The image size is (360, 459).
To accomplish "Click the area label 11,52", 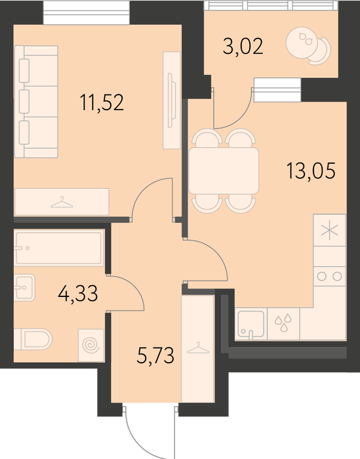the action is click(102, 102).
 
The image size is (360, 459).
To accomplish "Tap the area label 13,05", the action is click(311, 170).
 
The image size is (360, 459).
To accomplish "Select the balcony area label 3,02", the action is click(243, 47).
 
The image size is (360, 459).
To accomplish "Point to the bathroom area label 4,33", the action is click(78, 294).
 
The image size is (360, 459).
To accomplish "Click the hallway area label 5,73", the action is click(155, 355).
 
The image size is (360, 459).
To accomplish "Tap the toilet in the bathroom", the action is click(33, 339).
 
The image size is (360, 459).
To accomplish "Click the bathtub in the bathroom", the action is click(59, 248).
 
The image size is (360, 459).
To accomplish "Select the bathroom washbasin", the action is click(24, 287).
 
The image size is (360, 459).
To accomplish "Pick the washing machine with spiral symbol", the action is click(91, 345).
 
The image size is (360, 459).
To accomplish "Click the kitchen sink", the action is click(251, 324).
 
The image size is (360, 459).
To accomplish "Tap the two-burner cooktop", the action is click(330, 276).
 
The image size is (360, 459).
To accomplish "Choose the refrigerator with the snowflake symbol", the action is click(330, 230).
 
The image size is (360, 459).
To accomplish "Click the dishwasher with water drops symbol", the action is click(283, 324).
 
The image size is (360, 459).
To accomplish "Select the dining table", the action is click(224, 170).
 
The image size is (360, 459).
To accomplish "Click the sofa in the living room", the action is click(36, 102).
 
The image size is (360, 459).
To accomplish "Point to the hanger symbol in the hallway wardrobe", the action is click(198, 348).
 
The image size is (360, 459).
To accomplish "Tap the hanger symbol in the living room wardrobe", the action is click(62, 202).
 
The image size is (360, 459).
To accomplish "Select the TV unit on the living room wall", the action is click(172, 100).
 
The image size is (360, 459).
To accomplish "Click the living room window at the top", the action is click(87, 12).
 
